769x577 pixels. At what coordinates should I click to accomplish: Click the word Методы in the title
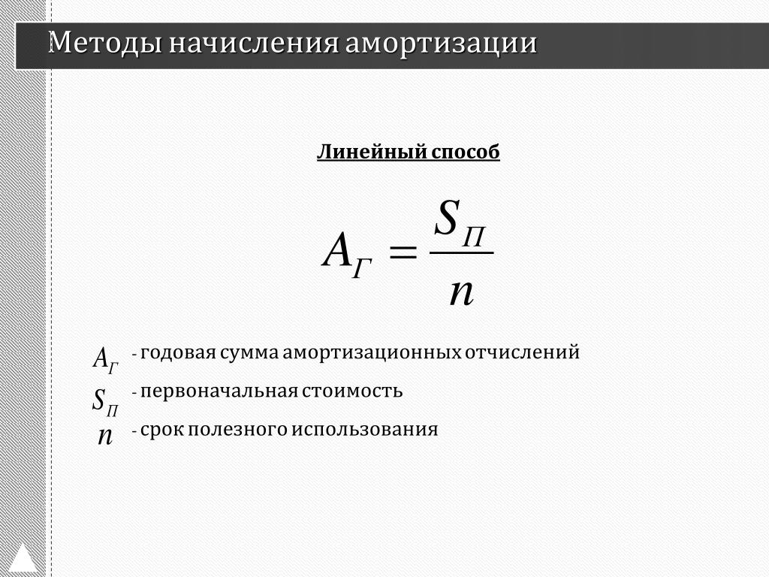click(x=105, y=43)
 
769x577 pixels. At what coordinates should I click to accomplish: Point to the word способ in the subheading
click(x=466, y=152)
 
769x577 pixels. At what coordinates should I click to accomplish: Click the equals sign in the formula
click(x=403, y=252)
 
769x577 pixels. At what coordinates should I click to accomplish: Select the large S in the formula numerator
click(x=447, y=217)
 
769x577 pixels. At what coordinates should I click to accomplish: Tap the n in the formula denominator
click(x=462, y=292)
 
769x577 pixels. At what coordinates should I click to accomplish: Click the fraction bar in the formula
click(x=462, y=252)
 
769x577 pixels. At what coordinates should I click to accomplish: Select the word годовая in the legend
click(x=179, y=353)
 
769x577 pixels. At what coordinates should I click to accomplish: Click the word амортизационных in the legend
click(x=372, y=353)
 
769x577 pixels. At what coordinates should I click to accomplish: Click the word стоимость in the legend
click(x=353, y=391)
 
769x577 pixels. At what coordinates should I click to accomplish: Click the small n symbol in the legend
click(x=105, y=435)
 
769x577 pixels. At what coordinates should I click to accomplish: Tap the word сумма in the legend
click(x=249, y=353)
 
